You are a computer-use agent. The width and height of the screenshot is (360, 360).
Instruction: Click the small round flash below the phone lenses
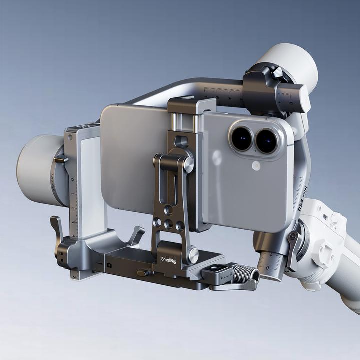tap(256, 165)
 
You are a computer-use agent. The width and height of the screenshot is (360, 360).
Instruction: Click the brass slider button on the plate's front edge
tap(142, 273)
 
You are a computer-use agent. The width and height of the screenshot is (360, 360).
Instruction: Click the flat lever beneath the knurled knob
tap(235, 286)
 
